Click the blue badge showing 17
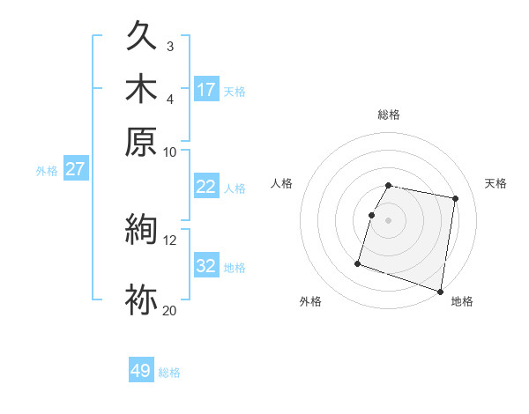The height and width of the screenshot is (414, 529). (x=206, y=90)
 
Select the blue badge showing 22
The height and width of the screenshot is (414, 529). (x=206, y=187)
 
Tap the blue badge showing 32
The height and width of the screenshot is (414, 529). (x=206, y=266)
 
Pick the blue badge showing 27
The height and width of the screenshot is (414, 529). (x=75, y=169)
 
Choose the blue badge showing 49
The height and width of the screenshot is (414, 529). (x=141, y=371)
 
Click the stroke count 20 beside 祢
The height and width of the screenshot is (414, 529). (x=169, y=309)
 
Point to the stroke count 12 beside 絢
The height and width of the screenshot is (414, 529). (x=169, y=239)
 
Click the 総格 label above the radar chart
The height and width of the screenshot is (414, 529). (x=389, y=115)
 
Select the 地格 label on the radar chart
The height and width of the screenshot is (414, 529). (x=462, y=301)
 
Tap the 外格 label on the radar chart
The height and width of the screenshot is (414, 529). (x=310, y=301)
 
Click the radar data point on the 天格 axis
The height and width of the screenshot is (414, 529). (x=455, y=199)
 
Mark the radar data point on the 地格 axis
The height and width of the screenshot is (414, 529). (x=440, y=291)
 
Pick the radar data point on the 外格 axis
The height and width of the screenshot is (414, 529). (x=358, y=262)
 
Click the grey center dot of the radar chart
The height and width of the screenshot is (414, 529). (x=389, y=220)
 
